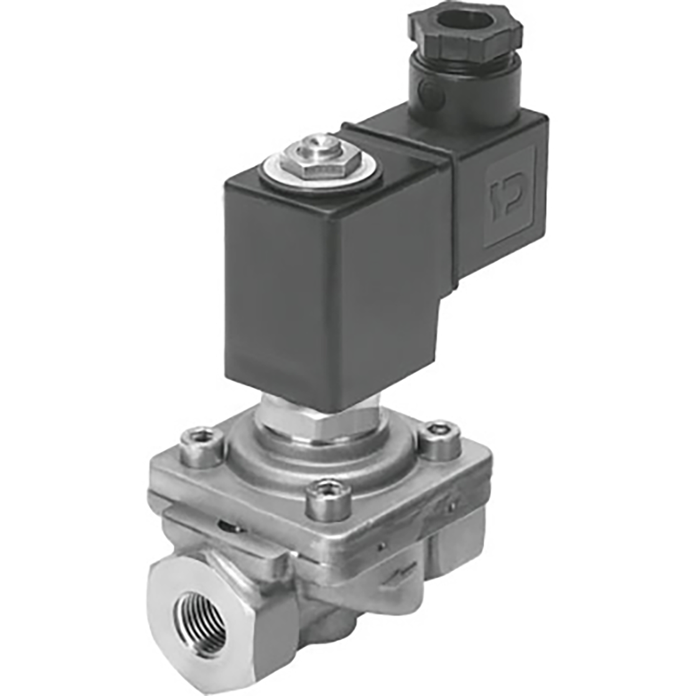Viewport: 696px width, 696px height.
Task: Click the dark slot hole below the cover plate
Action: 230,527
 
